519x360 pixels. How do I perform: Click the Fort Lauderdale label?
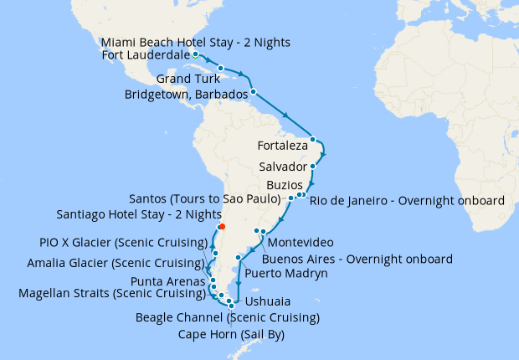(142, 56)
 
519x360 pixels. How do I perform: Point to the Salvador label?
(283, 167)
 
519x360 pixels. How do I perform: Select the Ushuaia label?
(261, 301)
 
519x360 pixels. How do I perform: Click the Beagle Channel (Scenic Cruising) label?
(228, 318)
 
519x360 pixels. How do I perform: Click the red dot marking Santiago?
(221, 226)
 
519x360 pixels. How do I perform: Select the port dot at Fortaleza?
(312, 139)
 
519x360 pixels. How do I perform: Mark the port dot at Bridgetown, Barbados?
(252, 90)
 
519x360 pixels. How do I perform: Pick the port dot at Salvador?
(311, 167)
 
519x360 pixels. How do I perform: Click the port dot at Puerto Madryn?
(239, 257)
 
